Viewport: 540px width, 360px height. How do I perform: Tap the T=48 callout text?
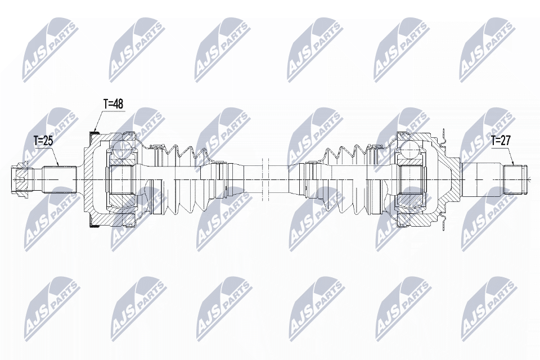pyautogui.click(x=113, y=104)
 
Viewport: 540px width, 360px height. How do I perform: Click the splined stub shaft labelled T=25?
pyautogui.click(x=59, y=180)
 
